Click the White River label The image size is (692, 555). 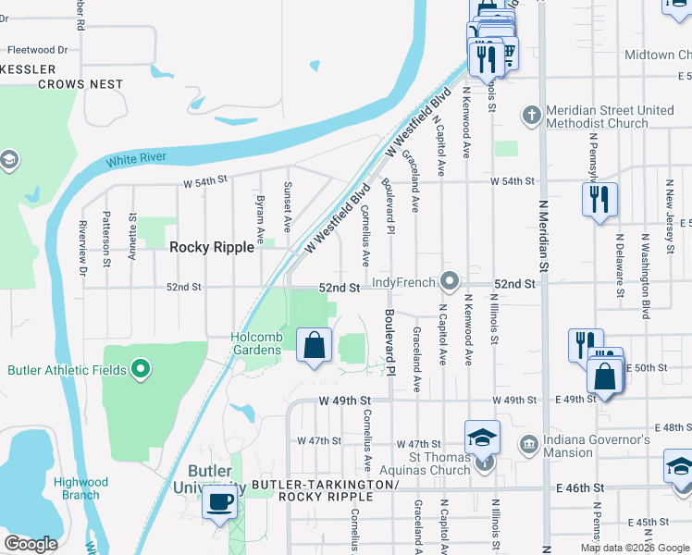tap(136, 159)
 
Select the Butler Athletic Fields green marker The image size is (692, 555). tap(141, 370)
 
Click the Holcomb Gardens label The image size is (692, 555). tap(256, 343)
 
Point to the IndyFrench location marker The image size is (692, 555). tap(451, 279)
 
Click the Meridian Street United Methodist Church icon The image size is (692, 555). tap(531, 116)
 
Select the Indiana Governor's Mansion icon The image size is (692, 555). tap(528, 445)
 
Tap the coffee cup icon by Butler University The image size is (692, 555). tap(219, 502)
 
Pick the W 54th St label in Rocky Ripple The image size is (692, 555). tap(204, 183)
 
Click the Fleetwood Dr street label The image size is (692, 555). tap(37, 50)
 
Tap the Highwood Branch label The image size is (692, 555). tap(80, 488)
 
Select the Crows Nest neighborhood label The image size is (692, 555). tap(80, 84)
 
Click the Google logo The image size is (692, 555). tap(31, 544)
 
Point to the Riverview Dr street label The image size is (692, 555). tap(82, 248)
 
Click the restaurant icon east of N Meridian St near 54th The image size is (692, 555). tap(599, 199)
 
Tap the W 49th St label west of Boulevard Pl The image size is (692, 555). tap(344, 401)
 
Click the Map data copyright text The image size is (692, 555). tap(635, 548)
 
